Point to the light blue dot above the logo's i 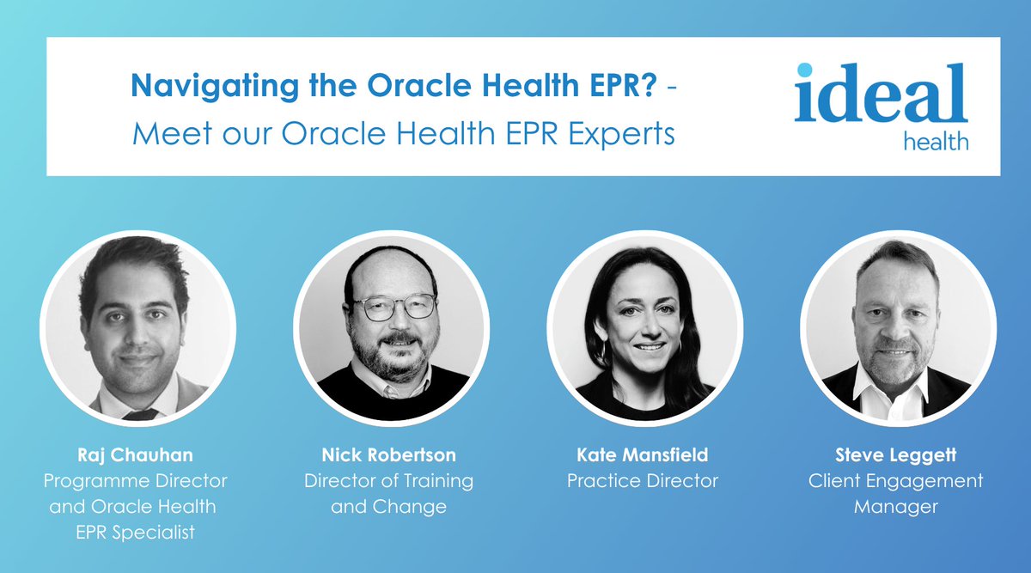click(x=804, y=70)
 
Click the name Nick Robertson click(x=388, y=455)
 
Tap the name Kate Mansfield click(x=642, y=455)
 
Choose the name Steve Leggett click(x=895, y=455)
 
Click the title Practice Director click(x=642, y=481)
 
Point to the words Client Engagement click(x=895, y=481)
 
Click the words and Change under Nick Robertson click(x=388, y=507)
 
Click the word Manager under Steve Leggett click(x=895, y=507)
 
